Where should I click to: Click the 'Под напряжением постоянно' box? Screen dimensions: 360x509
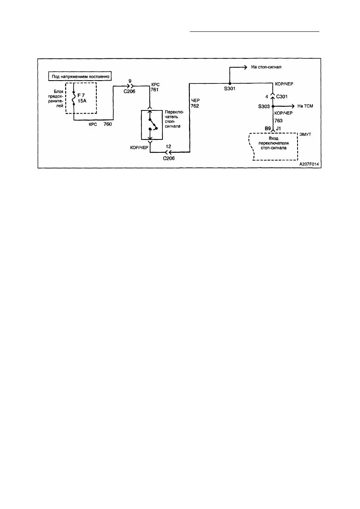point(80,76)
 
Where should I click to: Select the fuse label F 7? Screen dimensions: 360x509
point(81,96)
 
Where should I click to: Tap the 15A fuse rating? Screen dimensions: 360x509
point(82,101)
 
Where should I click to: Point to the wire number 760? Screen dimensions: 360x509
point(108,124)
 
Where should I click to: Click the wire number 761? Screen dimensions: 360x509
point(154,90)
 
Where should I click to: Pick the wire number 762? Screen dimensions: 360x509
point(195,106)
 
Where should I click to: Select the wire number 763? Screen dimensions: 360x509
point(279,120)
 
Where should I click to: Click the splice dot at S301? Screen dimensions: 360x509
point(230,83)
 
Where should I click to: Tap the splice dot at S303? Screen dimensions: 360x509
point(273,106)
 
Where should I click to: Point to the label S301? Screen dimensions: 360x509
point(229,89)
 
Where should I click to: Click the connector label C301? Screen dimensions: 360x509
point(282,97)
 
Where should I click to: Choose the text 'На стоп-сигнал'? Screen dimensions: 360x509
point(266,67)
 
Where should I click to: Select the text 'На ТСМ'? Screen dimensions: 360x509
point(305,106)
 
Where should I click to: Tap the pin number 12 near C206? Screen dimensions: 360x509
point(169,147)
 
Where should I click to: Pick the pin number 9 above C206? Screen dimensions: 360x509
point(130,81)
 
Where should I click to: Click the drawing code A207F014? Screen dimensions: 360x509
point(309,164)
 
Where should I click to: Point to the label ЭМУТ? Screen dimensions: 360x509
point(305,135)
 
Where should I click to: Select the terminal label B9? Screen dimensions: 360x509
point(268,129)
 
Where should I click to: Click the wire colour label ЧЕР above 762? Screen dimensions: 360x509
point(196,100)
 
